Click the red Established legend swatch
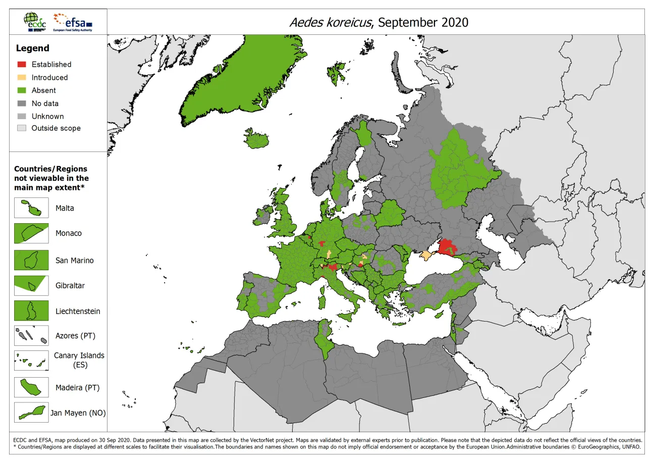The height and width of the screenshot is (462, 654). tap(22, 65)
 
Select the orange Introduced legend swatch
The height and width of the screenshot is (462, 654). tap(22, 77)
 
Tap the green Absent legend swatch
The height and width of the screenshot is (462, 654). tap(22, 90)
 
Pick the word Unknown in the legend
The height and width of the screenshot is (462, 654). tap(47, 116)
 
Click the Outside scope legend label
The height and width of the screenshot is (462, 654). tap(56, 128)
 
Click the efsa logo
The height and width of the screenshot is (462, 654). tap(73, 22)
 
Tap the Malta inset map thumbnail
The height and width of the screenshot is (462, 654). tap(31, 208)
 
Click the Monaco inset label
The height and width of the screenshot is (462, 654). tap(69, 233)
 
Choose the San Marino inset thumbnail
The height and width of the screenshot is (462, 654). tap(31, 261)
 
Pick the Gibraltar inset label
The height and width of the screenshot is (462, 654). tap(70, 285)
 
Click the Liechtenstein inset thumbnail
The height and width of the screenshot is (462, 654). tap(31, 311)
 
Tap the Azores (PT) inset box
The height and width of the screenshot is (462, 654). tap(31, 336)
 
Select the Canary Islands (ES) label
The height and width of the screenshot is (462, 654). tap(79, 360)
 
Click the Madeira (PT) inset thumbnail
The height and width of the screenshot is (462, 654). tap(31, 388)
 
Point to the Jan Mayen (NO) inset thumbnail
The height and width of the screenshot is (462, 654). tap(31, 413)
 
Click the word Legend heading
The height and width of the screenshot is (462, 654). tap(33, 48)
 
